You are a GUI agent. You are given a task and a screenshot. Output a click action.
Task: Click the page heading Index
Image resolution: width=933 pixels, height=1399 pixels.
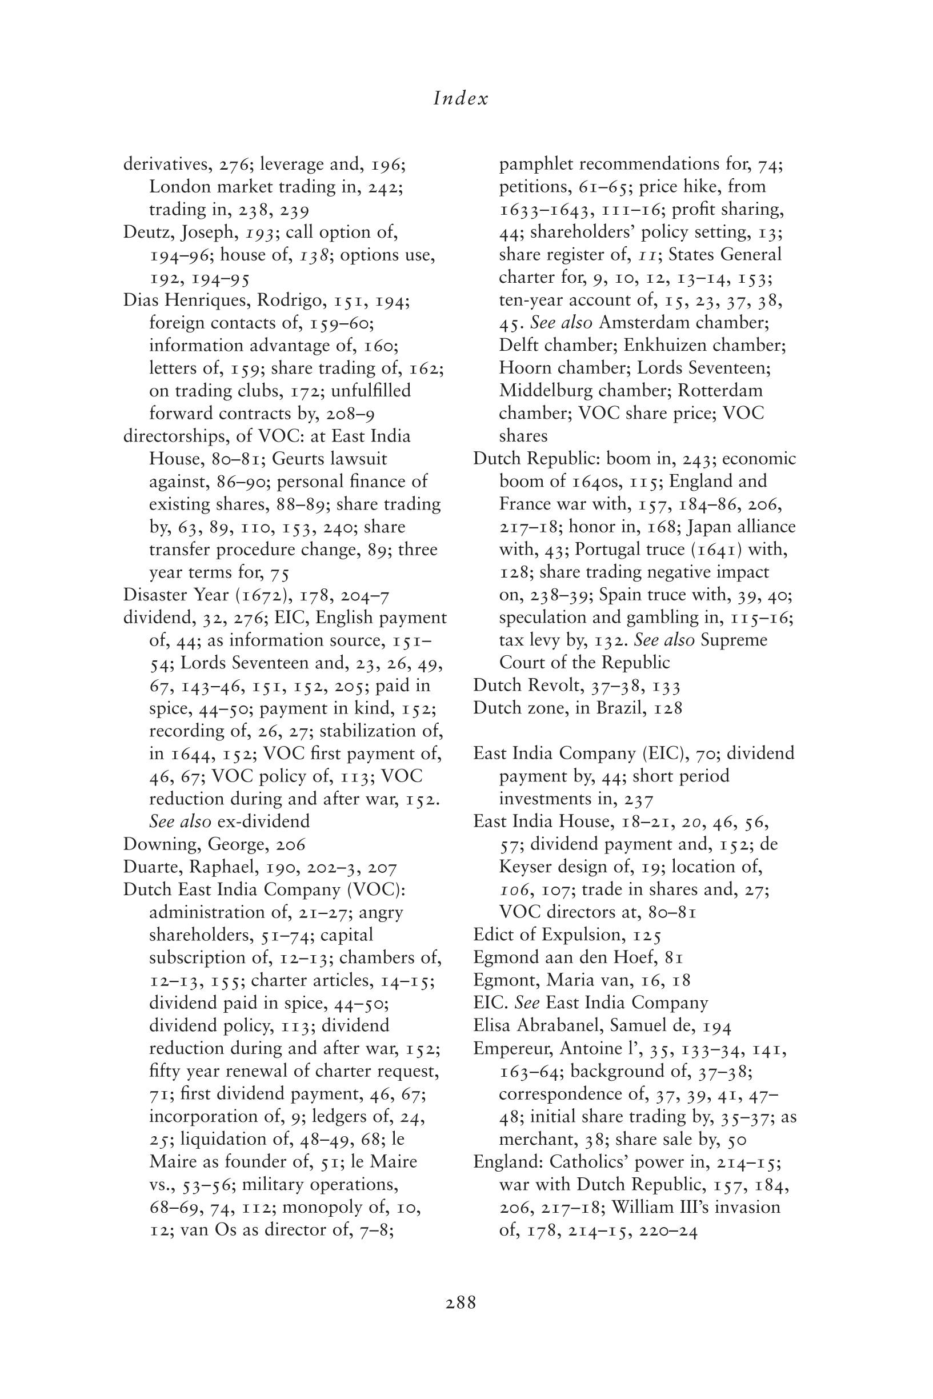(461, 99)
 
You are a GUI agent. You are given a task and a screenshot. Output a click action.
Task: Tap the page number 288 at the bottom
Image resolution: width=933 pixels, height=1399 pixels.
(461, 1302)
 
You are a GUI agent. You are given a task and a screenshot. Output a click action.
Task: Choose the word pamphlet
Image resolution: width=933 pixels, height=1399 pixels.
(536, 164)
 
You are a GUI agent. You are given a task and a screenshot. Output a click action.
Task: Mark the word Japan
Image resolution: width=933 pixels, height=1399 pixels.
(723, 527)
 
